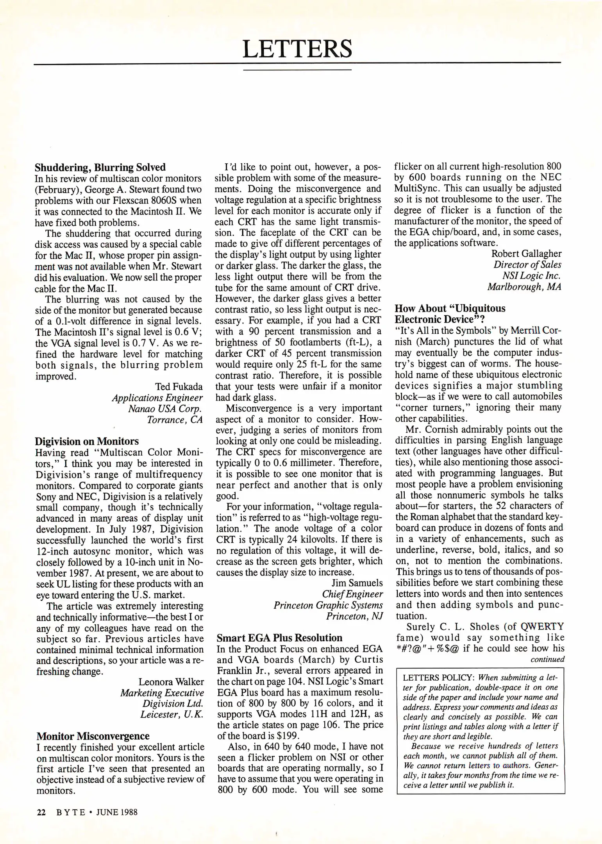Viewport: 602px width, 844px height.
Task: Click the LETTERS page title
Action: click(297, 49)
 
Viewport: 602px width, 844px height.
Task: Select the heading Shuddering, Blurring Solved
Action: click(100, 168)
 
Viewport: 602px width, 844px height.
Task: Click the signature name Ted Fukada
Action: click(179, 386)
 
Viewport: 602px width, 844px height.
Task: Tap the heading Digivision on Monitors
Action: click(87, 441)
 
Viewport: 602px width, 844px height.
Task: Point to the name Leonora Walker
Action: click(171, 682)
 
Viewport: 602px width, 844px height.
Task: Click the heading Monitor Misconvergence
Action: click(93, 736)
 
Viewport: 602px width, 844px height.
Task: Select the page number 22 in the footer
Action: click(41, 812)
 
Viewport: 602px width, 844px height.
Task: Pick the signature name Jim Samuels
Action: click(357, 583)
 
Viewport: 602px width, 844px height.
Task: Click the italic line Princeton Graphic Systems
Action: click(328, 605)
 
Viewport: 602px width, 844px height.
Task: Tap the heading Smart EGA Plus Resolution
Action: click(279, 638)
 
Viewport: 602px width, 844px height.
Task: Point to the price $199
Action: click(287, 735)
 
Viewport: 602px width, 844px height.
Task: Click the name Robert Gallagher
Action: click(526, 254)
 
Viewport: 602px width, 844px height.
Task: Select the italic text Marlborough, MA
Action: click(524, 287)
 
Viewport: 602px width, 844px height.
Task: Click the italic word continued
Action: click(547, 660)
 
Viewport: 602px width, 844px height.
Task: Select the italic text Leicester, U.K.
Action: click(171, 715)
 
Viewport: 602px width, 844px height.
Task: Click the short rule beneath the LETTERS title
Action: click(297, 70)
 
